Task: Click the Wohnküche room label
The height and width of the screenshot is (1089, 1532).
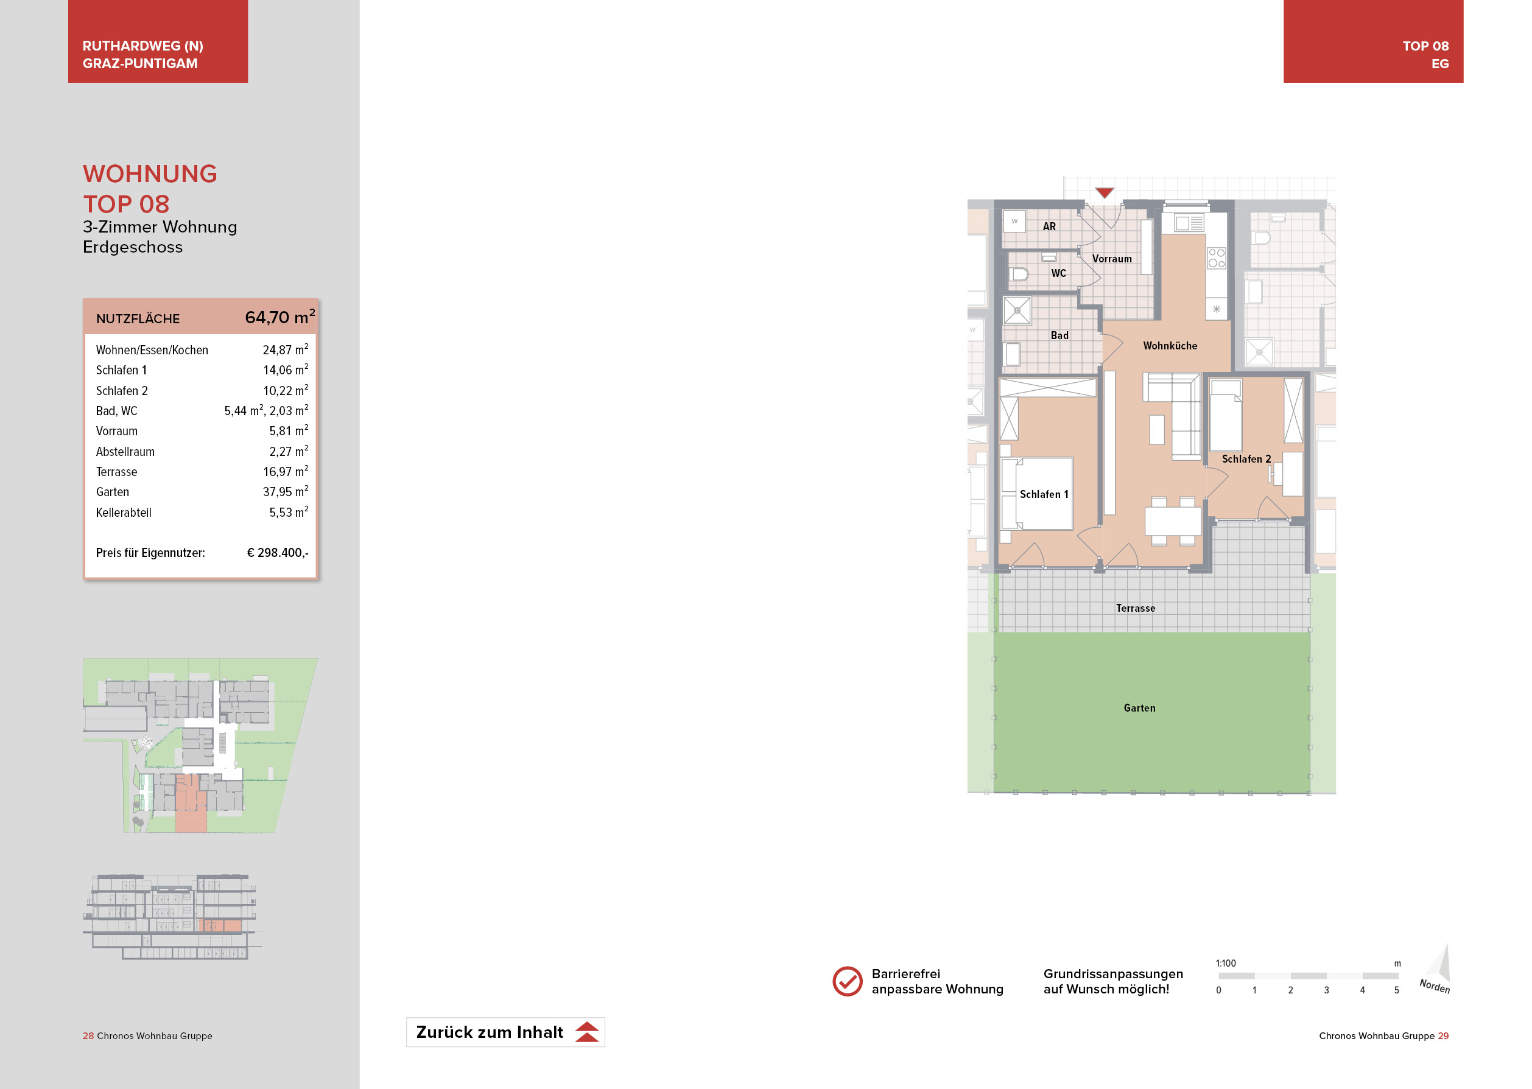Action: point(1170,346)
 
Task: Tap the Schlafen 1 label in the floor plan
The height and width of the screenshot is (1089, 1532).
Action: point(1044,494)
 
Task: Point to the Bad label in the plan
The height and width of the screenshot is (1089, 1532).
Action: point(1059,335)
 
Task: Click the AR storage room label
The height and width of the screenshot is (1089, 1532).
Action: point(1049,226)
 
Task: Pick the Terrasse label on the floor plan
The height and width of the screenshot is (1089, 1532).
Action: point(1136,608)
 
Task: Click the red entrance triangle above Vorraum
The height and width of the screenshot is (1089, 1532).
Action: point(1104,193)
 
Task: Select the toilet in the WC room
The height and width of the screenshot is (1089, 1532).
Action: point(1019,273)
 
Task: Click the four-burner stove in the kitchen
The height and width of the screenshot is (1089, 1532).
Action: point(1216,258)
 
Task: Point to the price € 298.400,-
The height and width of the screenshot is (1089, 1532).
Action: point(278,553)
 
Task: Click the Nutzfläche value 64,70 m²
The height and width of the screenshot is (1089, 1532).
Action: point(279,317)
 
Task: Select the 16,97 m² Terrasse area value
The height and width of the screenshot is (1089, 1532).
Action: point(286,471)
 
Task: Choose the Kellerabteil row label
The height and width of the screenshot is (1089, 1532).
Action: point(124,513)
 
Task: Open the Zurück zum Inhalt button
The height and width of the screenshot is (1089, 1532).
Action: point(505,1032)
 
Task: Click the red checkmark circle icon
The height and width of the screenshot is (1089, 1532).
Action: point(847,981)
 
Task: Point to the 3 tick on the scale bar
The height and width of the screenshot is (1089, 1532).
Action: point(1326,990)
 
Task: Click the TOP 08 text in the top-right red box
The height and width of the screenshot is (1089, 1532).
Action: point(1425,46)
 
